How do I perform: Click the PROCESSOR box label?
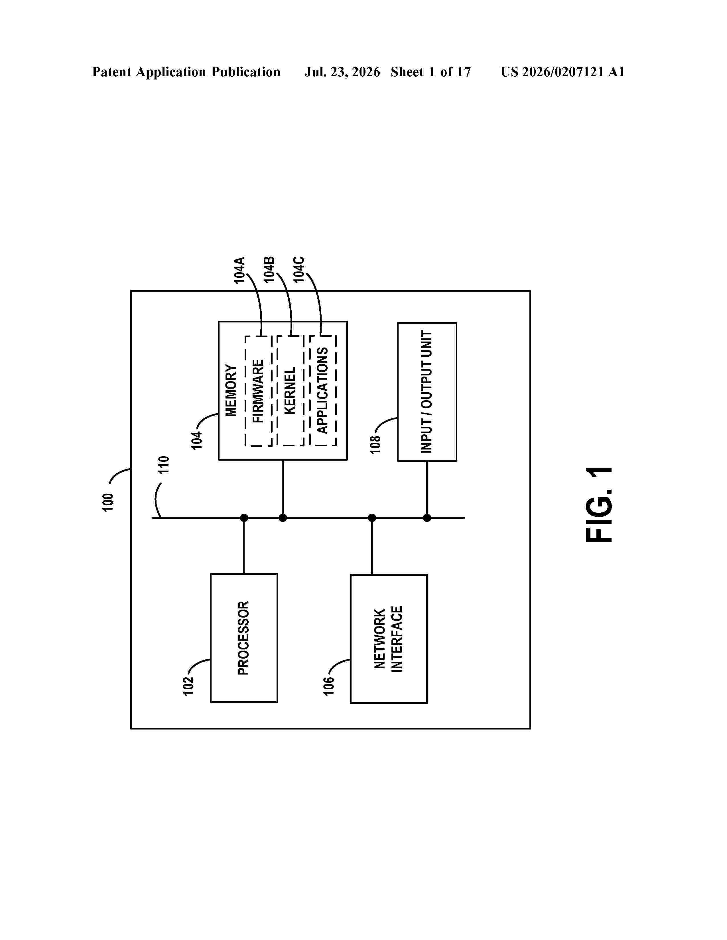point(243,638)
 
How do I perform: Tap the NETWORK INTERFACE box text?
point(388,639)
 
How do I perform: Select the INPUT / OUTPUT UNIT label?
point(427,392)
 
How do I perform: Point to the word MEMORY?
point(231,390)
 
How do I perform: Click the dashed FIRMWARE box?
point(245,391)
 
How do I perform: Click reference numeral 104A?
point(239,270)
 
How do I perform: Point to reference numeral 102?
point(188,686)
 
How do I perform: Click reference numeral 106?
point(329,686)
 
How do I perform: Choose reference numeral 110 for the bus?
point(164,465)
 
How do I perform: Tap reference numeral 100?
point(108,502)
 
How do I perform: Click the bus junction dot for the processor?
point(244,518)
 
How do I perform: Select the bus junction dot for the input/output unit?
point(427,518)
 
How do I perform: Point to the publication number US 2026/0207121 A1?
point(562,72)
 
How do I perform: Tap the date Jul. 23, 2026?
point(342,72)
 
